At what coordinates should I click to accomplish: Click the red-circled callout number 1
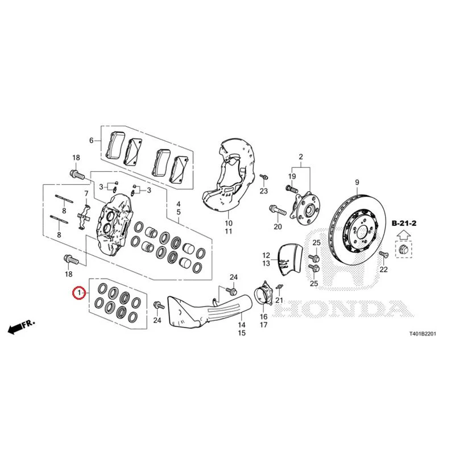point(78,293)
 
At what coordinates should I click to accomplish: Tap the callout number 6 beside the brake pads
point(92,140)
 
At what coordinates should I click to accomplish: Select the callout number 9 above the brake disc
point(357,183)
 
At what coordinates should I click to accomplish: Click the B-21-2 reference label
point(404,223)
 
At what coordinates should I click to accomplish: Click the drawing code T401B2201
point(423,334)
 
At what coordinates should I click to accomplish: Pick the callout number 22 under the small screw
point(383,270)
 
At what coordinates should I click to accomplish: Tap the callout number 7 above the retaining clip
point(86,193)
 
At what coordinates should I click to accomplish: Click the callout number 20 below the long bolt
point(278,226)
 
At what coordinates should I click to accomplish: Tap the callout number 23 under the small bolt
point(263,191)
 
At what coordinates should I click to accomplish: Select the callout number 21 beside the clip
point(279,300)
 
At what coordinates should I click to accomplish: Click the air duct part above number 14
point(209,311)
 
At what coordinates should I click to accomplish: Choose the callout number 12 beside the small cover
point(266,255)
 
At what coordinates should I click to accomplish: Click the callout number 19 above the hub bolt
point(292,176)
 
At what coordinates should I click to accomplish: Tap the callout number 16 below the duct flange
point(263,317)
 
